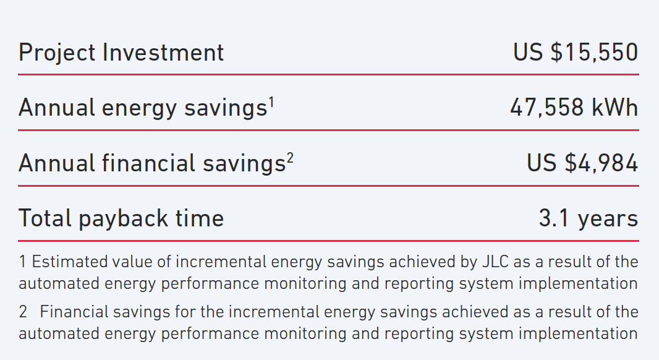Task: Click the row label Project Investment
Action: point(121,53)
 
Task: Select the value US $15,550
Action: point(576,52)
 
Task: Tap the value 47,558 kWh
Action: point(574,107)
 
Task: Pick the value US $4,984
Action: point(582,163)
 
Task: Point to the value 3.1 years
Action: point(589,219)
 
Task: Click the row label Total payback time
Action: point(121,219)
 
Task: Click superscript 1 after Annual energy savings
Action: point(271,103)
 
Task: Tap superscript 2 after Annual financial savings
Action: point(290,158)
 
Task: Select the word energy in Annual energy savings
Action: point(139,109)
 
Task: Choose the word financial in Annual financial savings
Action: point(148,163)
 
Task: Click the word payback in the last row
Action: point(123,219)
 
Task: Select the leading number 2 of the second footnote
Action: point(23,312)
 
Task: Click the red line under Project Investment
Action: point(328,74)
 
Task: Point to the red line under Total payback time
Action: point(328,241)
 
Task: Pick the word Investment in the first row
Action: point(163,53)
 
